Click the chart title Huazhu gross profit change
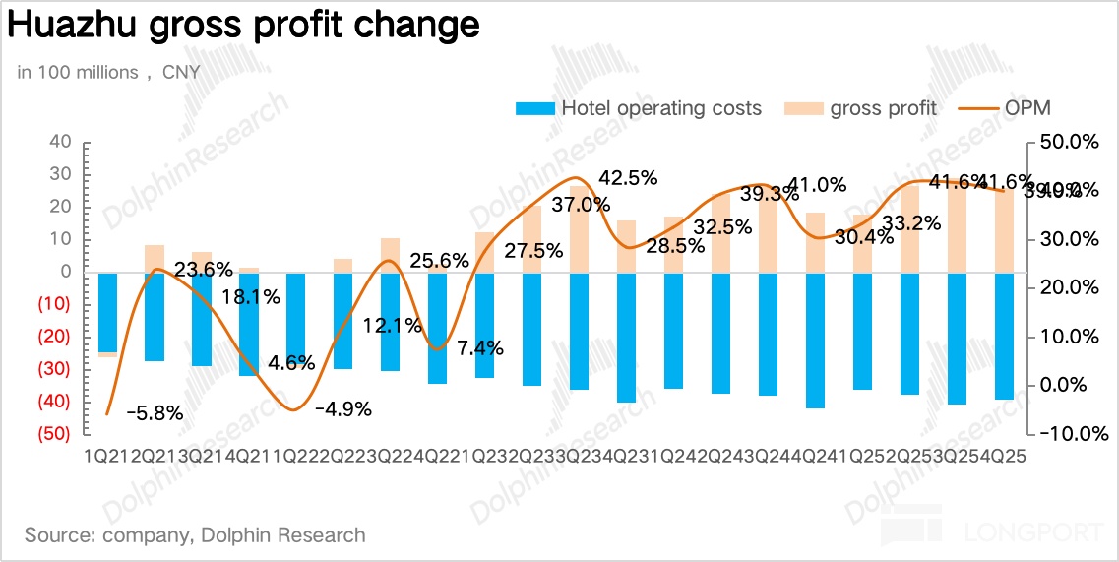click(243, 27)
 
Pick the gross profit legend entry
click(861, 108)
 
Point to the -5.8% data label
click(155, 413)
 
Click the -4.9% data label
click(342, 409)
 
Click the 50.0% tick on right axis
click(1069, 142)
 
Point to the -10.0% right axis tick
click(1067, 433)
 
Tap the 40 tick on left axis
click(60, 142)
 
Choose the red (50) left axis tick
click(53, 434)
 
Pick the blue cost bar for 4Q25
click(1005, 336)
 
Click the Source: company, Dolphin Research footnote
click(195, 535)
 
